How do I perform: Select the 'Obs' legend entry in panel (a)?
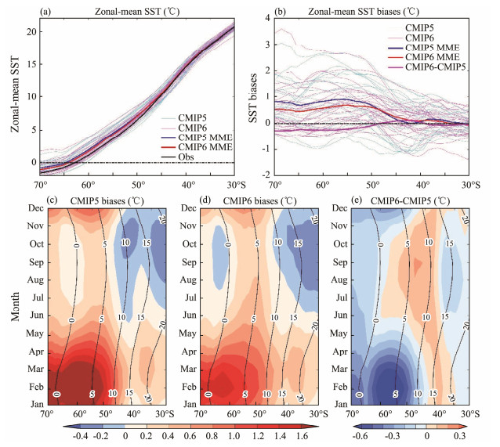(190, 154)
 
